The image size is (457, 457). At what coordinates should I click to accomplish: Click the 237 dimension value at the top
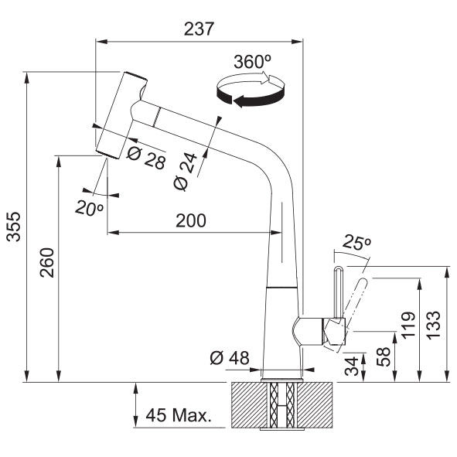199,29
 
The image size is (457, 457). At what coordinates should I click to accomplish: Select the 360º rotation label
250,63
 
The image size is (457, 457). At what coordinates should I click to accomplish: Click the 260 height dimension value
46,264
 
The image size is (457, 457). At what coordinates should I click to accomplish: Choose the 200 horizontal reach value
190,220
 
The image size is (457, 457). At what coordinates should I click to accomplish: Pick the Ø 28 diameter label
145,158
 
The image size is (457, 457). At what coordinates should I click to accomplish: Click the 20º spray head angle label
90,206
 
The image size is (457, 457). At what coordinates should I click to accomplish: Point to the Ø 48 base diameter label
229,358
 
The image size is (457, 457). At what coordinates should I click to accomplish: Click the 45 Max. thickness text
178,415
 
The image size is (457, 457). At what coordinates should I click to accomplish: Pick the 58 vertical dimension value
381,356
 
